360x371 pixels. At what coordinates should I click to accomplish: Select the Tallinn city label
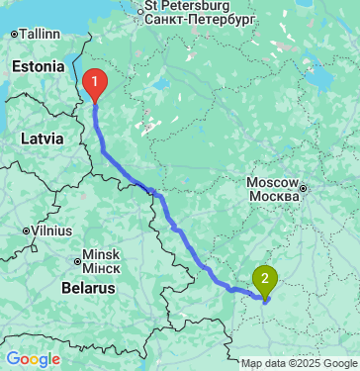pyautogui.click(x=39, y=33)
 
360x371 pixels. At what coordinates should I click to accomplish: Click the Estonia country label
pyautogui.click(x=38, y=66)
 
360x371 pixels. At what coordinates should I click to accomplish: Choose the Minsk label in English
pyautogui.click(x=100, y=253)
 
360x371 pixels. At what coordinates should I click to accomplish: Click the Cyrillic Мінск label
pyautogui.click(x=100, y=267)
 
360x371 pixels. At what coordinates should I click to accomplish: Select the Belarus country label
pyautogui.click(x=89, y=287)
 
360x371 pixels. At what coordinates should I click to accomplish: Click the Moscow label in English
pyautogui.click(x=271, y=184)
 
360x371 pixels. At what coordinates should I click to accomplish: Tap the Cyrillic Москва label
pyautogui.click(x=271, y=198)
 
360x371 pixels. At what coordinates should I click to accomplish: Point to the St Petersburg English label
pyautogui.click(x=186, y=5)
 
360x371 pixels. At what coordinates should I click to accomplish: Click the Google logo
pyautogui.click(x=33, y=359)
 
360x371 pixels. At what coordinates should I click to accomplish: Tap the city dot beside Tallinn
pyautogui.click(x=13, y=34)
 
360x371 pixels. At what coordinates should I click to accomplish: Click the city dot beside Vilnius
pyautogui.click(x=26, y=231)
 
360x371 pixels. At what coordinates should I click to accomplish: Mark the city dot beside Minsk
pyautogui.click(x=77, y=261)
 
